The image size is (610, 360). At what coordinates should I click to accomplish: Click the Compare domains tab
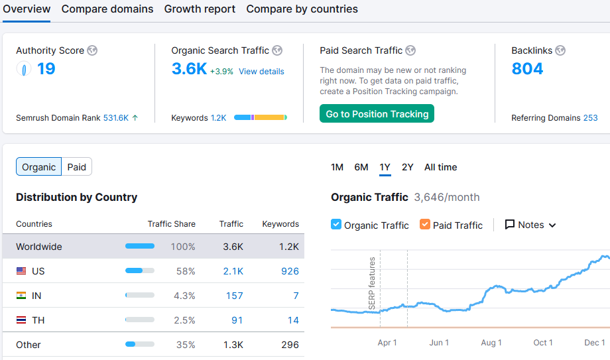(107, 9)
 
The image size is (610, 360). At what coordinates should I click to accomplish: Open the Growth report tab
(200, 9)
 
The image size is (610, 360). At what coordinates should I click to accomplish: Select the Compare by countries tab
(302, 9)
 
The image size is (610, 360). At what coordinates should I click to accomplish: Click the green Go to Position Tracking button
(377, 114)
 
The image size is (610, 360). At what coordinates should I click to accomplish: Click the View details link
(261, 72)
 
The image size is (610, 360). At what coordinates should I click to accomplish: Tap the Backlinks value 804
(527, 69)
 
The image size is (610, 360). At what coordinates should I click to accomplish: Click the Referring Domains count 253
(590, 118)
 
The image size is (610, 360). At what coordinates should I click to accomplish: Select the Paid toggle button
(77, 167)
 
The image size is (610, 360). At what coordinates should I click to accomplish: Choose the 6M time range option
(361, 167)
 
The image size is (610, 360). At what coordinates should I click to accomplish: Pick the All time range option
(440, 167)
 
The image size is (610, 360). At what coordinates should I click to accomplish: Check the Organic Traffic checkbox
(336, 225)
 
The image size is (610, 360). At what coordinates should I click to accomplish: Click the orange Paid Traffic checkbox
(425, 225)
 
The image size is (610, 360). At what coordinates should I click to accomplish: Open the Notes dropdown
(530, 225)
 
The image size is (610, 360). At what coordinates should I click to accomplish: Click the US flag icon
(21, 271)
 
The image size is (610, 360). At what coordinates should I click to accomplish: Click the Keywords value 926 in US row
(290, 271)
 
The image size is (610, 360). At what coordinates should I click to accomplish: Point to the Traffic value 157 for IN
(234, 296)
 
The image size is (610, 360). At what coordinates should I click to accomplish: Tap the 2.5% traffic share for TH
(184, 320)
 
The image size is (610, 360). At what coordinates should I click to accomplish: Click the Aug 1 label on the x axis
(491, 343)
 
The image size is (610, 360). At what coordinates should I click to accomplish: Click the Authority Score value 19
(46, 69)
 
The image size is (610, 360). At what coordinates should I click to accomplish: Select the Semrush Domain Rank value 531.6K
(116, 118)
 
